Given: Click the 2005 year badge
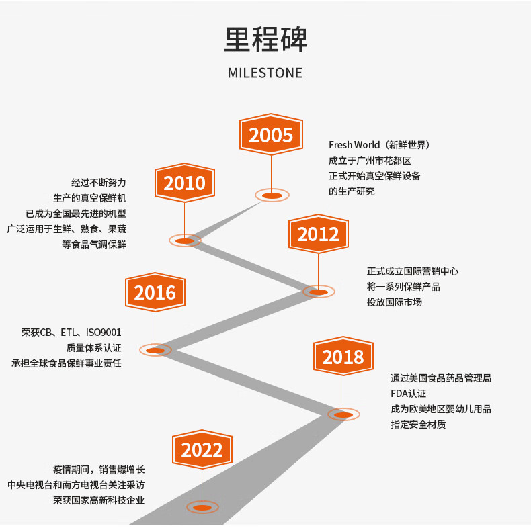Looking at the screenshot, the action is point(271,135).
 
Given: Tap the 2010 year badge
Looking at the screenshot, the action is point(184,183).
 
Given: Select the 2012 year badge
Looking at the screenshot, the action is point(318,234).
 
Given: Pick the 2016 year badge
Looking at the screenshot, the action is point(155,292).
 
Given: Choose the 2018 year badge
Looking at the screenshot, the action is point(343,357).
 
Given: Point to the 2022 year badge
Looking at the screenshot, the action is point(202,449).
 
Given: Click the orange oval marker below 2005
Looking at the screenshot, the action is point(272,195).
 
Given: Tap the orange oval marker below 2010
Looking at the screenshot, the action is point(184,240).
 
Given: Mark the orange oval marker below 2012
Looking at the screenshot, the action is point(318,292).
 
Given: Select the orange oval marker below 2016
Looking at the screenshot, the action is point(155,350).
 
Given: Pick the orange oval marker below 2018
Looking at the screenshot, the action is point(343,414).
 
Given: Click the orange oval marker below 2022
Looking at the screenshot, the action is point(202,507).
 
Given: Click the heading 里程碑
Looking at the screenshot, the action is point(265,40).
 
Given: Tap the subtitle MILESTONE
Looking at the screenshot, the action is point(265,73).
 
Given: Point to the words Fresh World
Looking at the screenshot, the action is point(354,145).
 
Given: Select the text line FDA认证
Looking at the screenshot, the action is point(408,394).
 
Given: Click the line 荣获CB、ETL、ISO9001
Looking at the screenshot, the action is point(71,332).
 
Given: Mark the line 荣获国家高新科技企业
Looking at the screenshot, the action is point(99,500).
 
